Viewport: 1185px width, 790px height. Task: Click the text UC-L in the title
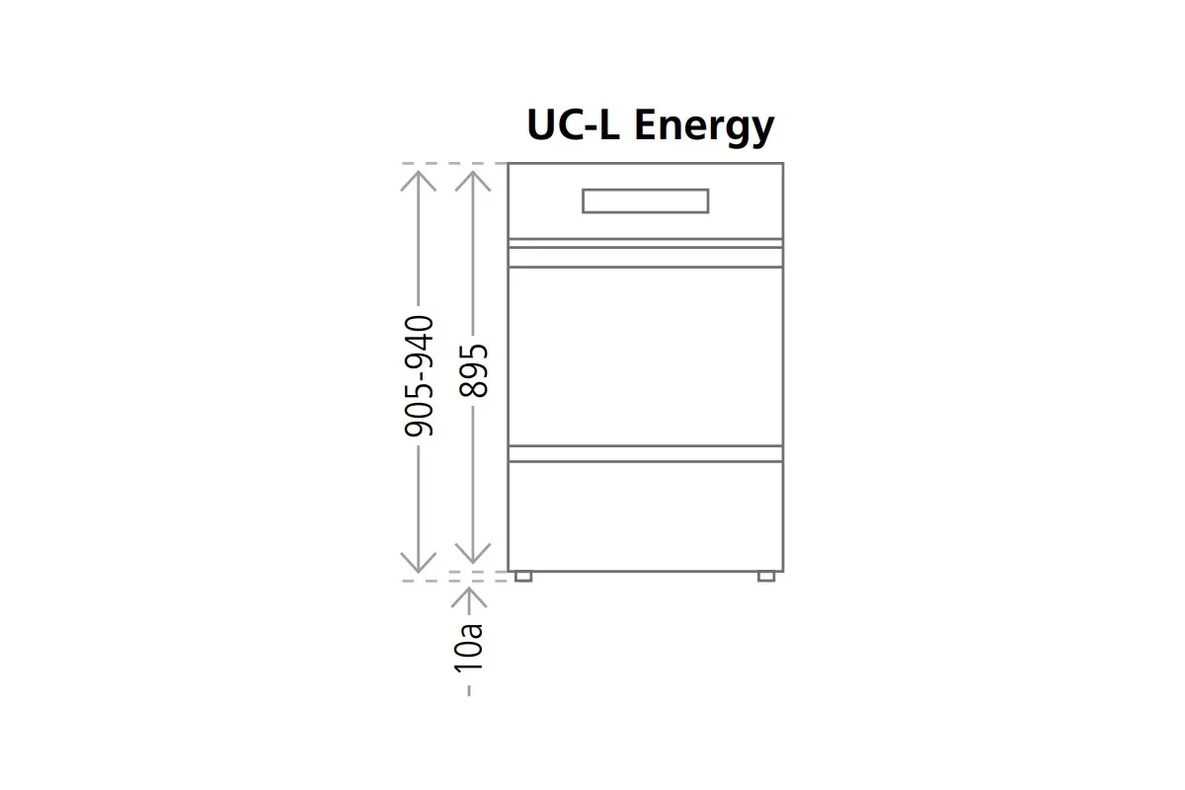tap(573, 124)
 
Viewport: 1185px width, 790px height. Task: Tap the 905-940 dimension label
tap(419, 375)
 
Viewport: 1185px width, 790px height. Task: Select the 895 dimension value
tap(473, 370)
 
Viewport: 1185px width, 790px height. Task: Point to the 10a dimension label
tap(469, 648)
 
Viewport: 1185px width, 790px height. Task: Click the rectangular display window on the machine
tap(646, 201)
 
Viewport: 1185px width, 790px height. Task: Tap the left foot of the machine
tap(523, 577)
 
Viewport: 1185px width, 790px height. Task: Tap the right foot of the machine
tap(766, 577)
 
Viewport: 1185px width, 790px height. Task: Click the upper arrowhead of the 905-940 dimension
tap(418, 180)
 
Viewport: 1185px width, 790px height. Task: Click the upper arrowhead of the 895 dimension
tap(473, 180)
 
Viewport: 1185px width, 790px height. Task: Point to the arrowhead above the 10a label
tap(469, 596)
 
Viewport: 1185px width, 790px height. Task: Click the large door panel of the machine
tap(646, 356)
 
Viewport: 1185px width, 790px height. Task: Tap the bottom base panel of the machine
tap(646, 516)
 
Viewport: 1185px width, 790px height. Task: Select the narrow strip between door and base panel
tap(646, 454)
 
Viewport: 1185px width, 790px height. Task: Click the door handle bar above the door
tap(646, 257)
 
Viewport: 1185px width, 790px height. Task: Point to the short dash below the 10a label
tap(469, 690)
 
